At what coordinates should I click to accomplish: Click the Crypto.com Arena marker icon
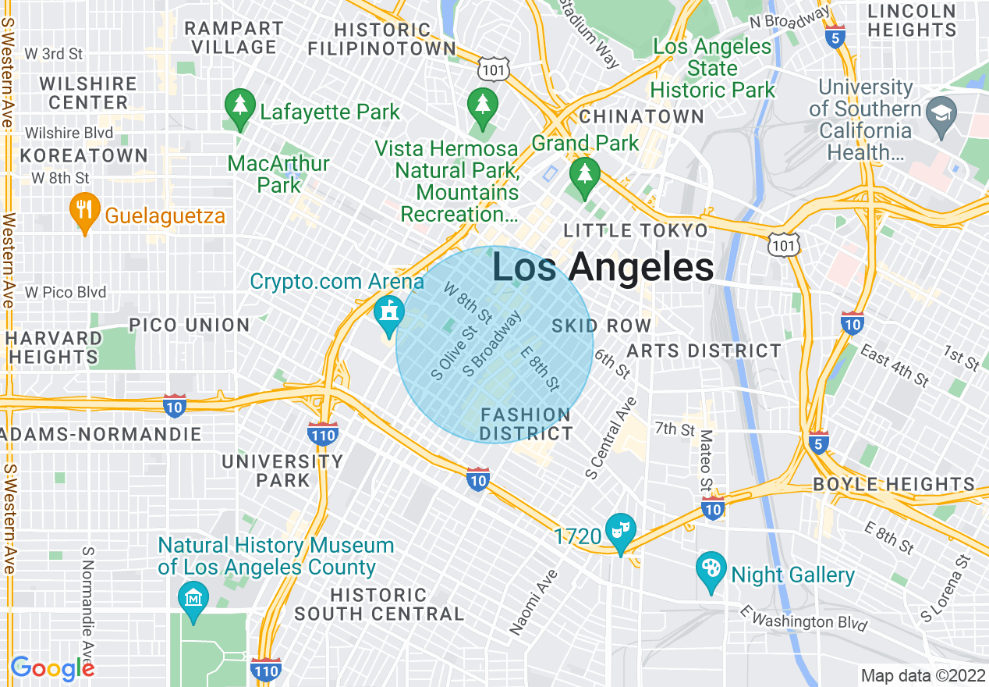tap(388, 312)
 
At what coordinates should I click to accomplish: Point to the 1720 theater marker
tap(621, 532)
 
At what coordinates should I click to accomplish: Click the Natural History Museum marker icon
tap(193, 598)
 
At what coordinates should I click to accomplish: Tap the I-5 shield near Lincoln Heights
tap(836, 37)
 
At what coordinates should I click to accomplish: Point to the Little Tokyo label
tap(636, 230)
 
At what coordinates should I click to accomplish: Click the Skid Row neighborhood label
tap(601, 326)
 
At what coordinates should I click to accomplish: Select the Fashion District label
tap(526, 424)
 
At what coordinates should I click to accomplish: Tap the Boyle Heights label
tap(894, 484)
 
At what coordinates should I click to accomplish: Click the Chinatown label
tap(641, 117)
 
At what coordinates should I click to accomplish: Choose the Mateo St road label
tap(704, 461)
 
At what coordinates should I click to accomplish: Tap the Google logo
tap(53, 668)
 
